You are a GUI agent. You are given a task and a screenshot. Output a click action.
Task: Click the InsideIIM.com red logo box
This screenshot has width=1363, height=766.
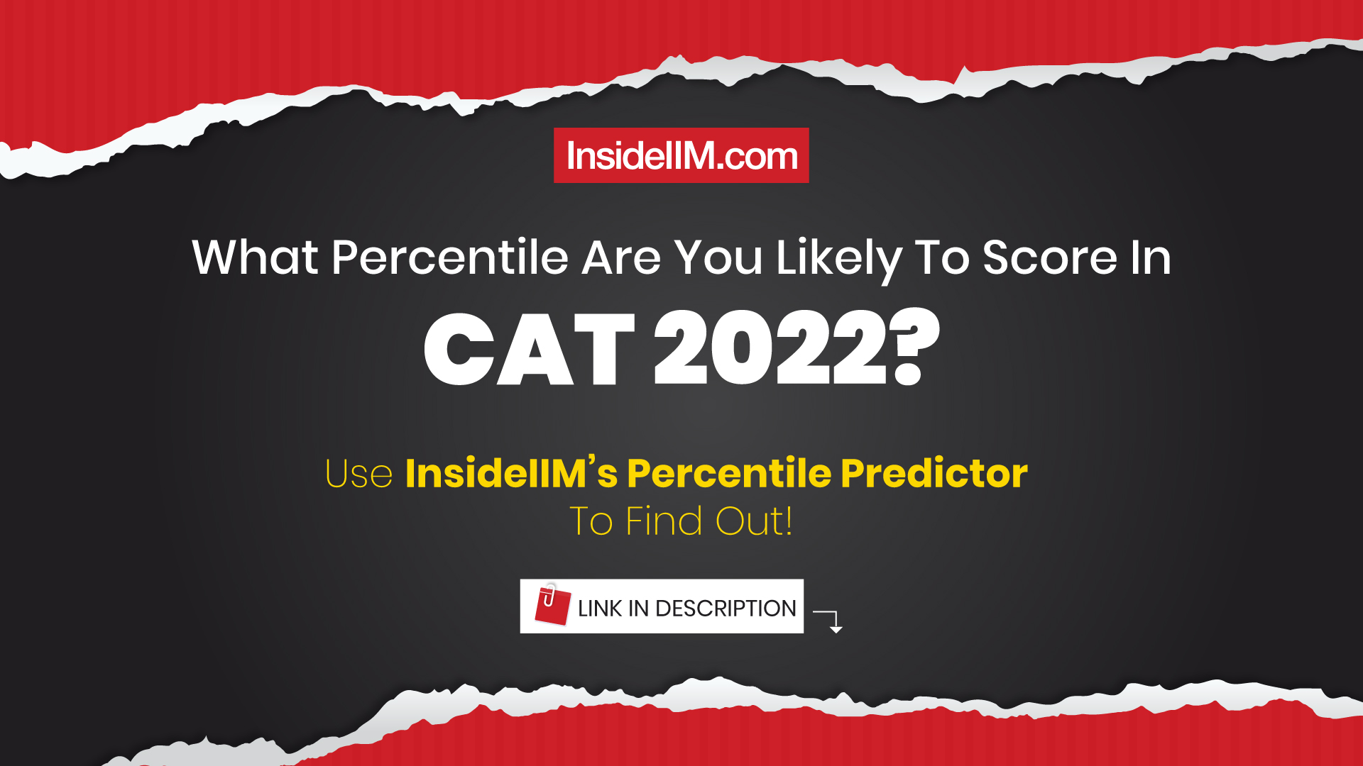click(x=681, y=155)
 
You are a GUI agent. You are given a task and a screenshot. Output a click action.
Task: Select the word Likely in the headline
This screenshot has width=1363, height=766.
click(x=838, y=258)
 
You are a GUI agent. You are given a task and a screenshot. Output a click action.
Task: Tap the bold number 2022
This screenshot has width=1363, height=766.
click(x=770, y=349)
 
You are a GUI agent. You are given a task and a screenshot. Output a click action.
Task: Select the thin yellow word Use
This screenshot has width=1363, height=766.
click(x=358, y=474)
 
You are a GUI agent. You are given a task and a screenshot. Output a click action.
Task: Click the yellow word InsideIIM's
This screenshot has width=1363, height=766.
click(x=511, y=474)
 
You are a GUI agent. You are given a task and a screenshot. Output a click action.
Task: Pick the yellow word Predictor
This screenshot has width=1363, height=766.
click(x=934, y=474)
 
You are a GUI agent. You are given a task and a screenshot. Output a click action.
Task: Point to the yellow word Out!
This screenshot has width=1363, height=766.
click(x=753, y=521)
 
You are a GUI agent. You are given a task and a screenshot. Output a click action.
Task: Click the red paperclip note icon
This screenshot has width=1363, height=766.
click(x=552, y=605)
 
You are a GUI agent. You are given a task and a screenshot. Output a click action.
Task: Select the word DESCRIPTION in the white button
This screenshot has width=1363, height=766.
click(x=726, y=609)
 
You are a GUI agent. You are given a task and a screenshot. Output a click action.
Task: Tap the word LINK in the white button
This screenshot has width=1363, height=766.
click(x=600, y=609)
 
